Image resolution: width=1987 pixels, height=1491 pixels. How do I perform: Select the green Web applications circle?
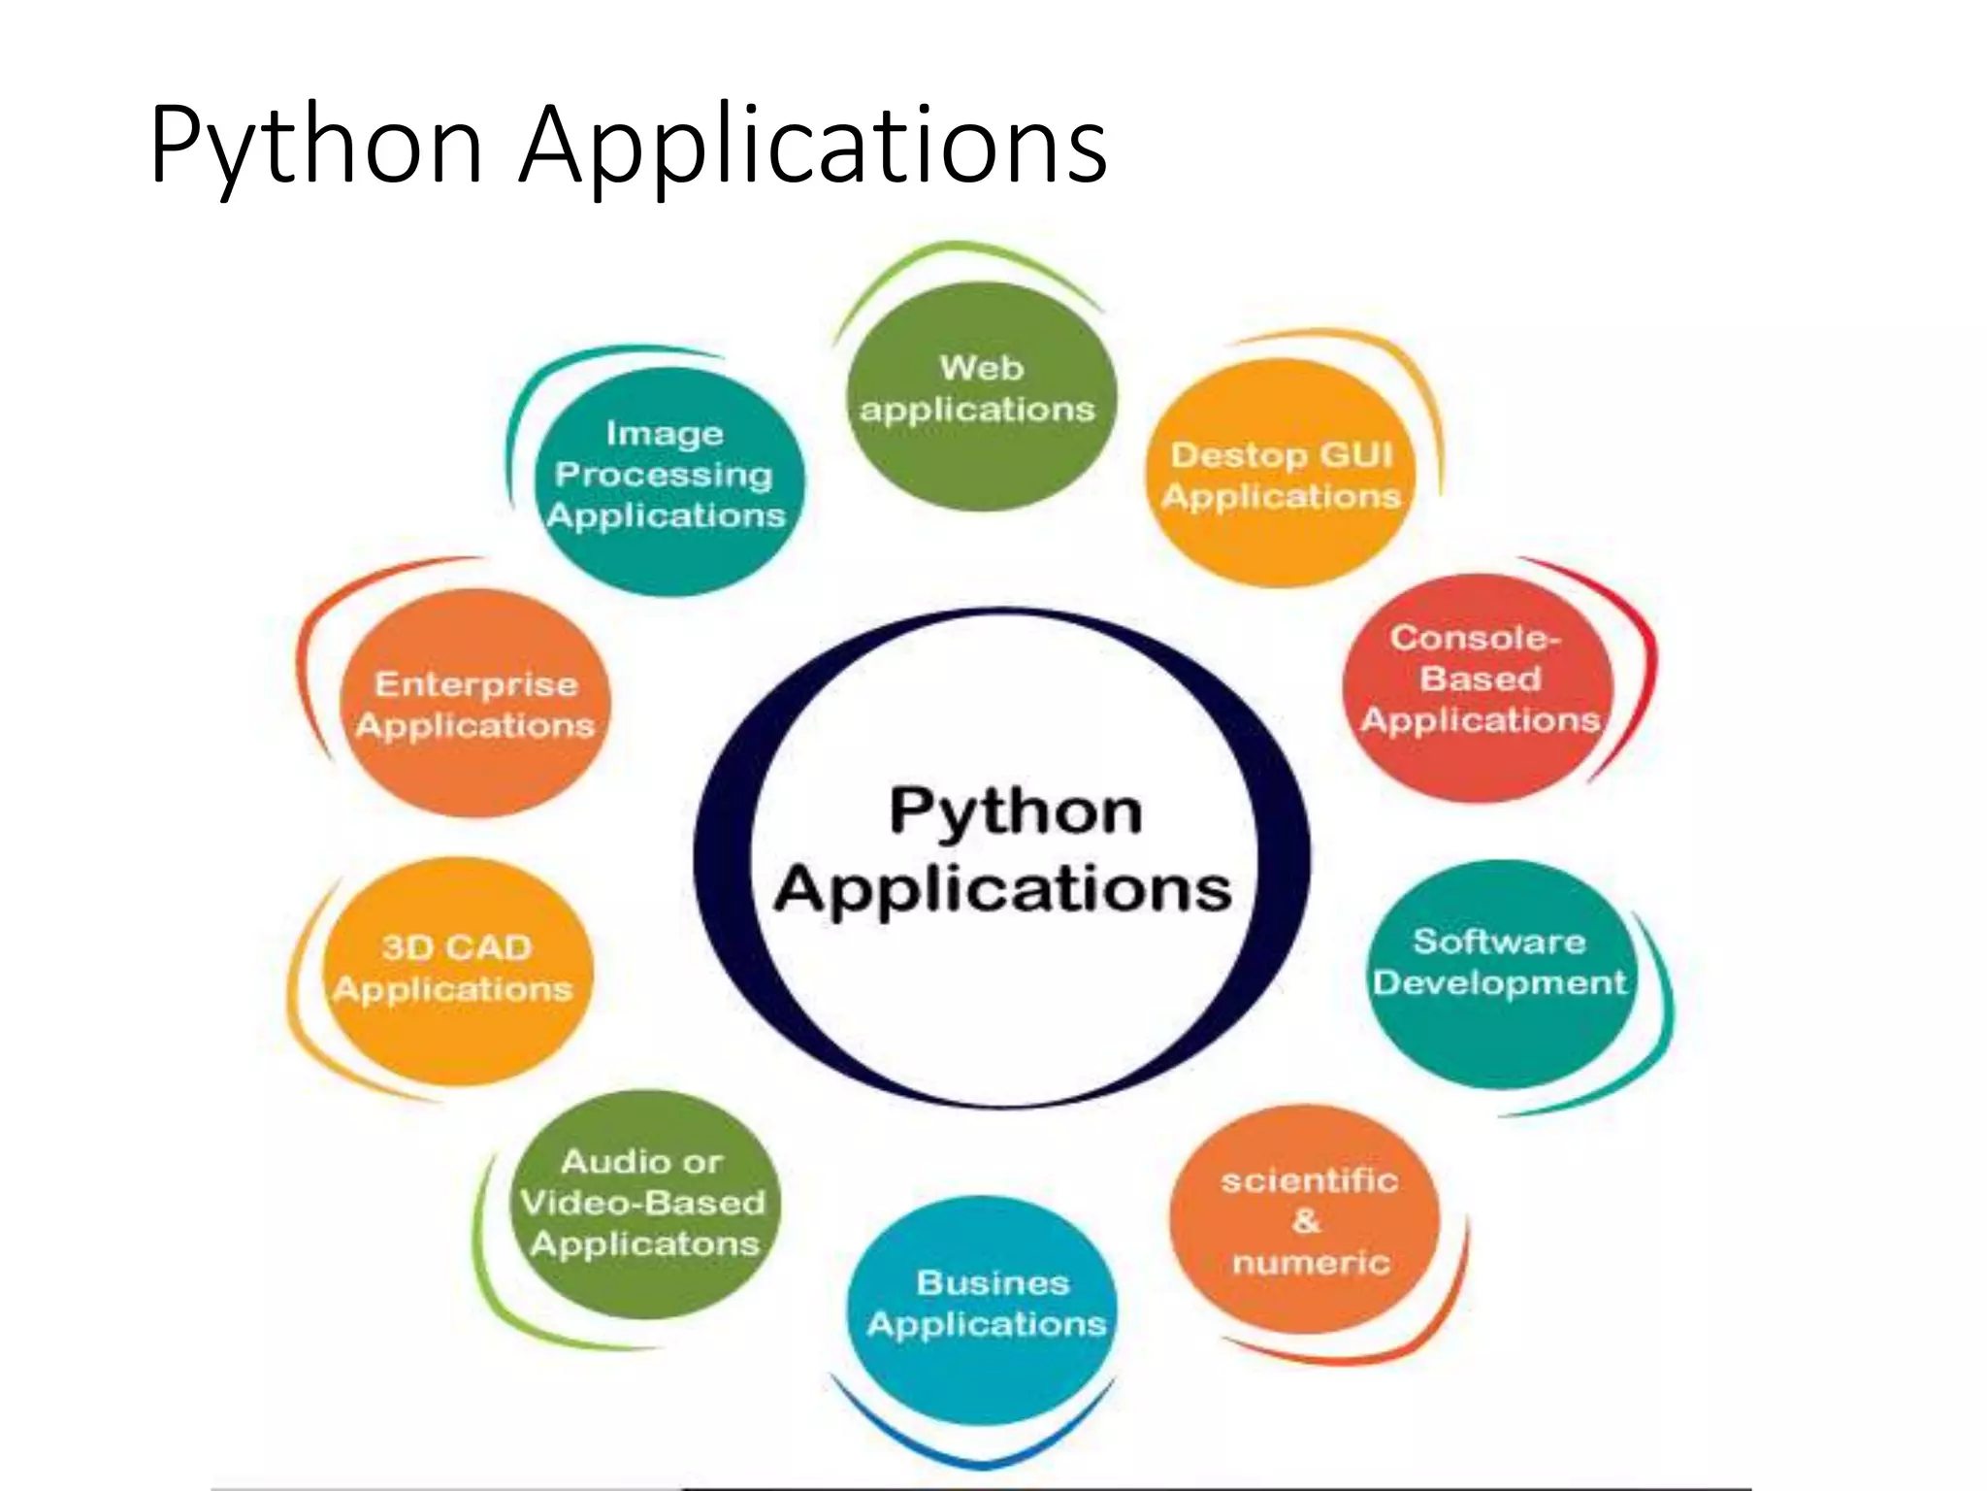click(x=982, y=397)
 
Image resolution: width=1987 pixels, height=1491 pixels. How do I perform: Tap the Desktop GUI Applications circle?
click(x=1281, y=475)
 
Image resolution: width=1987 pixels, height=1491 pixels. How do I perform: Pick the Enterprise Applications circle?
click(x=475, y=704)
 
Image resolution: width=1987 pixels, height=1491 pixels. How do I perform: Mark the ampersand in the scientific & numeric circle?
click(x=1306, y=1221)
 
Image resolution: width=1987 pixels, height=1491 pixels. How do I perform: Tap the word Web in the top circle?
click(x=982, y=368)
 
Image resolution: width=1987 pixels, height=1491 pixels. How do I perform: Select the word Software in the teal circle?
click(x=1500, y=942)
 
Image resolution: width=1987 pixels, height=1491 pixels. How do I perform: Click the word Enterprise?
click(x=476, y=685)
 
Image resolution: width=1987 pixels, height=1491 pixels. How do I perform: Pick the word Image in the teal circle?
click(x=665, y=434)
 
